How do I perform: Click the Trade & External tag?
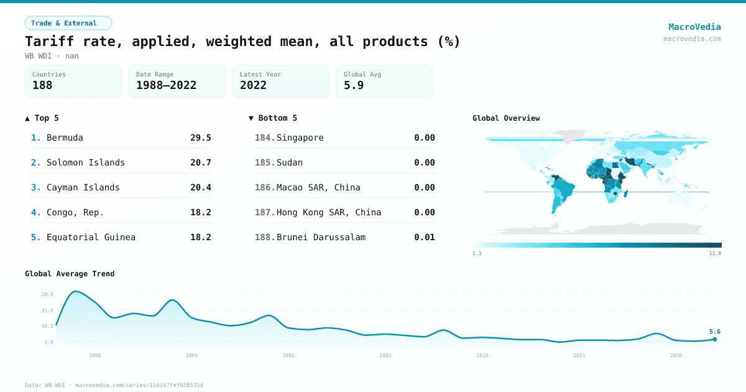point(68,23)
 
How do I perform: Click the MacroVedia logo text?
point(694,27)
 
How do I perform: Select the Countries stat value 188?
point(42,85)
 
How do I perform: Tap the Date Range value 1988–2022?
point(166,85)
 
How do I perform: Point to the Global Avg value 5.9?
point(354,85)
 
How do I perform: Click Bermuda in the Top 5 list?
point(65,138)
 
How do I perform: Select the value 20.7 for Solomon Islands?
point(200,162)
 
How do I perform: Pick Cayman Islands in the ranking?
point(83,187)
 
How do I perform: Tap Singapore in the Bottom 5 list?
point(300,138)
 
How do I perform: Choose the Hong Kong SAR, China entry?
point(328,212)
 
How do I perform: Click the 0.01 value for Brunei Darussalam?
point(424,237)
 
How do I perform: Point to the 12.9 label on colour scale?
point(715,253)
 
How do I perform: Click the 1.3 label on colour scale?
point(477,253)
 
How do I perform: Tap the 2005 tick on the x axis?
point(385,355)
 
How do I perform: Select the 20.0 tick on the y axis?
point(47,294)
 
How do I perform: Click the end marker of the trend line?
point(715,339)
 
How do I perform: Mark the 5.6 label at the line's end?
point(714,332)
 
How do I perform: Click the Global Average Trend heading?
point(70,274)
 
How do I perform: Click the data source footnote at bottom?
point(114,385)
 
